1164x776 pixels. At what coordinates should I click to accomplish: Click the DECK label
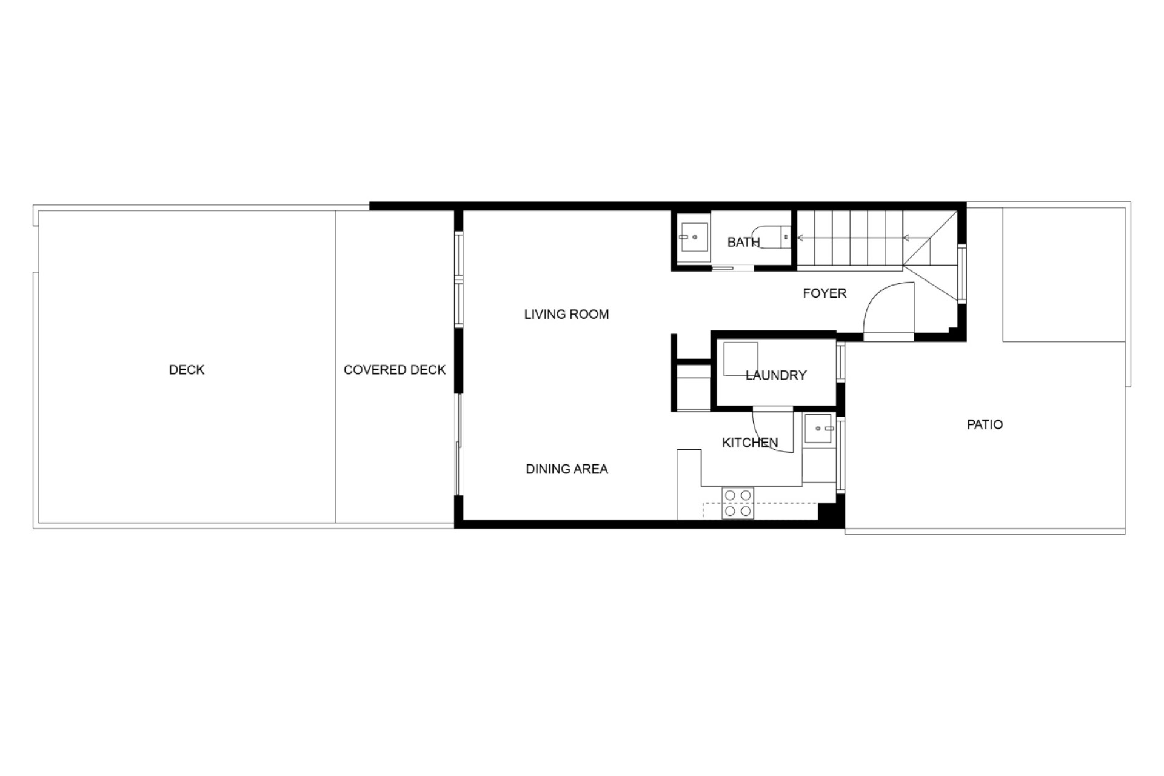pos(187,370)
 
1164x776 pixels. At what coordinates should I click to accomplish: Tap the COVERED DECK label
pos(395,370)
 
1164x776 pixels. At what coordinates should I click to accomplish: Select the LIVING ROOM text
pos(566,314)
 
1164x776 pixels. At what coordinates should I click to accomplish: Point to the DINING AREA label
pos(566,469)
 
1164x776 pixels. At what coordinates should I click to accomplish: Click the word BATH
pos(743,242)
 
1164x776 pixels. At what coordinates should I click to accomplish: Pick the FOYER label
pos(824,293)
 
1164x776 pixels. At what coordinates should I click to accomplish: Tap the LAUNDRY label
pos(776,375)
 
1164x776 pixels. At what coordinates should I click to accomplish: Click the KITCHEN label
pos(750,443)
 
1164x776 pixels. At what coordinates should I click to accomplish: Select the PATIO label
pos(985,424)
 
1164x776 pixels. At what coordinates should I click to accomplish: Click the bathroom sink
pos(694,237)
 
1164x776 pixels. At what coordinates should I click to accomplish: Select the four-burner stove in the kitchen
pos(738,503)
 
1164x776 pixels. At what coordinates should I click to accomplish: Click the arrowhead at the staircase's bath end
pos(801,238)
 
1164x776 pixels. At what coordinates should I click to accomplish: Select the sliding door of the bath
pos(732,267)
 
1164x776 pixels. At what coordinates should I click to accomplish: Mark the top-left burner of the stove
pos(730,496)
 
